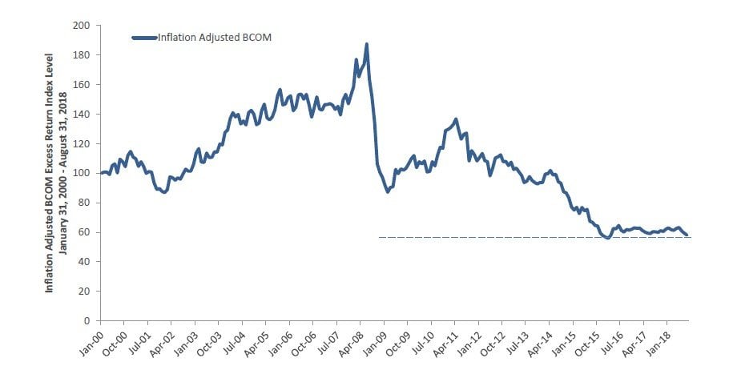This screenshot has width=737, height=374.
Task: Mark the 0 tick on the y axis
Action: (x=87, y=321)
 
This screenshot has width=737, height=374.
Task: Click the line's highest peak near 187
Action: (x=366, y=45)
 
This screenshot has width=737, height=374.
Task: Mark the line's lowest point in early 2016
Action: (x=608, y=238)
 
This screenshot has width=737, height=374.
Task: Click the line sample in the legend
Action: (x=143, y=37)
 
